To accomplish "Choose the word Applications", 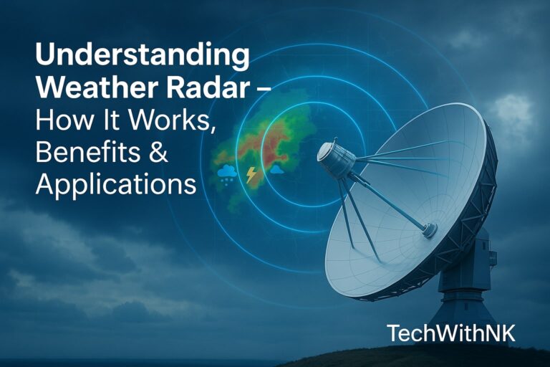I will click(x=115, y=185).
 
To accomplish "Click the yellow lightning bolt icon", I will click(x=251, y=174).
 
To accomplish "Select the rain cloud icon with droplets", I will click(x=228, y=173).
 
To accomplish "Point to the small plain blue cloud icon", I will click(x=276, y=171).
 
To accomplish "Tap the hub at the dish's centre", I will click(x=429, y=229).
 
